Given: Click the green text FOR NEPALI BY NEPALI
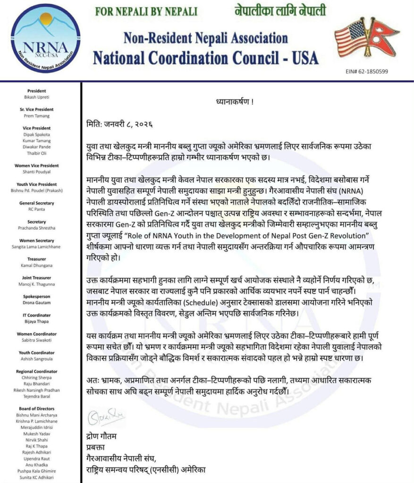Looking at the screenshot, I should [146, 11].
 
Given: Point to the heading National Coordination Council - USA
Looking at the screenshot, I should [205, 58].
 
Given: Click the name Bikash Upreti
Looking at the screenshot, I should [40, 97].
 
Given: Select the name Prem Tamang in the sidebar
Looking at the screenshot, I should [40, 115].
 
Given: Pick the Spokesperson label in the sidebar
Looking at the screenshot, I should [40, 296].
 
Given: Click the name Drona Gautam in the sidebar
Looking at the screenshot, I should [40, 302].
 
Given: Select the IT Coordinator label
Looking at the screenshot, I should [40, 315].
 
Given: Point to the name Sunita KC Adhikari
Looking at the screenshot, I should [40, 477].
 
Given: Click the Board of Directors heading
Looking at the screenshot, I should [40, 408].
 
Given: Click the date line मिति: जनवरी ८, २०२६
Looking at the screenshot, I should [121, 125].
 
